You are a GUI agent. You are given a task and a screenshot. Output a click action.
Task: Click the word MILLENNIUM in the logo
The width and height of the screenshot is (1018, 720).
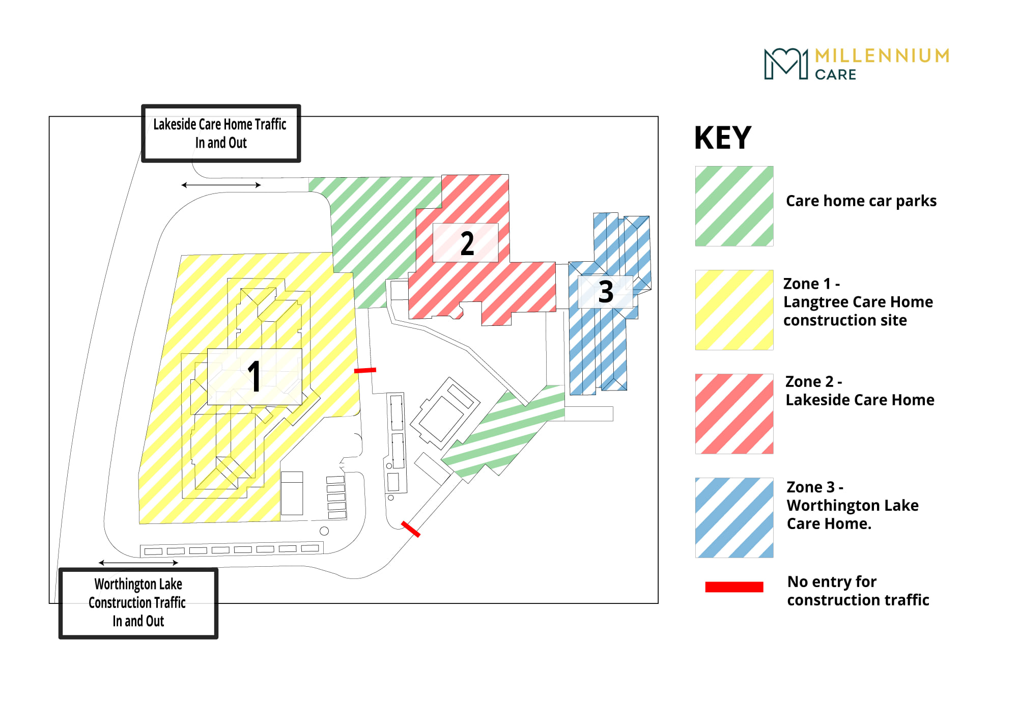(882, 56)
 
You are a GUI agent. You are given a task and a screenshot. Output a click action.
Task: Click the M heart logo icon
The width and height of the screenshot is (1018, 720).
(786, 64)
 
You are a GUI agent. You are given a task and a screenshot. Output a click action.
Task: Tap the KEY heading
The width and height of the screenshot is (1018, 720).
(723, 137)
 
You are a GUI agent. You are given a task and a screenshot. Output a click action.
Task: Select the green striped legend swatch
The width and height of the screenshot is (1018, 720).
(734, 206)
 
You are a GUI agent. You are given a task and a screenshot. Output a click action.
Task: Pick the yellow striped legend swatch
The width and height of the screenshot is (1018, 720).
(734, 310)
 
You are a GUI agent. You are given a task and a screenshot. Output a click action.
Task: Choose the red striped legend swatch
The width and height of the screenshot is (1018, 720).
(734, 414)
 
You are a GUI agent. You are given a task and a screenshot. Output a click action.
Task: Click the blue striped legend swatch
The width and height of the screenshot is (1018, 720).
(734, 518)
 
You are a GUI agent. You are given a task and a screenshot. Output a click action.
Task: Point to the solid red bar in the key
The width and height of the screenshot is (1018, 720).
(734, 587)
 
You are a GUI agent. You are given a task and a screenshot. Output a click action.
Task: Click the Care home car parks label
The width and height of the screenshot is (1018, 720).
(861, 201)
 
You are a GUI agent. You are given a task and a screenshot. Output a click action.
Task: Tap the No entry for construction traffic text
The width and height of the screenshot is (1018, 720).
(858, 591)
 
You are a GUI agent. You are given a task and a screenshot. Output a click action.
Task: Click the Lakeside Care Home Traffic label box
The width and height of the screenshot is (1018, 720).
(221, 133)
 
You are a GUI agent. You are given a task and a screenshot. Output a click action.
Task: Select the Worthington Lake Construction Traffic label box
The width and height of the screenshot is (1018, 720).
(138, 603)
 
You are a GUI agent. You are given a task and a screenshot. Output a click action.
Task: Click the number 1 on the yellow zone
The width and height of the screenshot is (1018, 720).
(254, 376)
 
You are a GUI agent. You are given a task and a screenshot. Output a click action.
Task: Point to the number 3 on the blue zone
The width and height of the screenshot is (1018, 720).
(606, 292)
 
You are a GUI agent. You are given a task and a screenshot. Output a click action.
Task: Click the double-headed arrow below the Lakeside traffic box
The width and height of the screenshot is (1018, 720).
(221, 185)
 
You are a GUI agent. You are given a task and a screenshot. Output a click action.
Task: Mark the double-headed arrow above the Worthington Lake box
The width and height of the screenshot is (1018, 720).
(138, 563)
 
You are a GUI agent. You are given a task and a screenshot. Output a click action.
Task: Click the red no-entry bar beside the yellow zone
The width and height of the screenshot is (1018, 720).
(365, 370)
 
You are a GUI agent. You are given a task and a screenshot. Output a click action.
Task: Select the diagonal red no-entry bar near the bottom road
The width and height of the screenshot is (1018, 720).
(411, 529)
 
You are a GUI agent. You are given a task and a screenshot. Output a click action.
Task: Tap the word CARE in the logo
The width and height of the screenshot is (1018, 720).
(835, 75)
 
